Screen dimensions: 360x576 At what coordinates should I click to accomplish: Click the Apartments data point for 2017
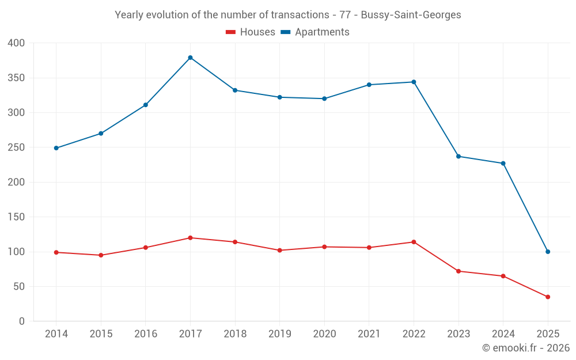tap(190, 58)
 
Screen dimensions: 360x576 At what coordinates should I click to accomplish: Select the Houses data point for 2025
tap(548, 297)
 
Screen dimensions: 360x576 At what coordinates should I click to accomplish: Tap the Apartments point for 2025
tap(548, 252)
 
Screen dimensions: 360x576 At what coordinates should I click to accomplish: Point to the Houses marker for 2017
tap(190, 238)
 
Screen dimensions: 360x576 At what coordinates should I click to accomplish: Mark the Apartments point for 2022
tap(414, 82)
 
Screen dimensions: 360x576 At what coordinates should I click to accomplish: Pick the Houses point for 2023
tap(458, 271)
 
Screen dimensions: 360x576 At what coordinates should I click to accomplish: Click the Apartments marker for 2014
tap(56, 148)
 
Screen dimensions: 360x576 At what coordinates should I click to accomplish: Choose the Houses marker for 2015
tap(101, 255)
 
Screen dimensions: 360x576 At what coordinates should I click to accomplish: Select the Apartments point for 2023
tap(458, 156)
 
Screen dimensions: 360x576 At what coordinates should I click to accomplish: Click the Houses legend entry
tap(251, 32)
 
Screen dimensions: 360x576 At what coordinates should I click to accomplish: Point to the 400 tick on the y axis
tap(17, 43)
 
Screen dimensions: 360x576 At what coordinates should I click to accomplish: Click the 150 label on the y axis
tap(17, 217)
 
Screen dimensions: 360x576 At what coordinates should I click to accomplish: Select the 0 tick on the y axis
tap(22, 321)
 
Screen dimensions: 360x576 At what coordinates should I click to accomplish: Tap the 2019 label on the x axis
tap(280, 334)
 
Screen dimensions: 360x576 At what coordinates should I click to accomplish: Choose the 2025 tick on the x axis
tap(548, 334)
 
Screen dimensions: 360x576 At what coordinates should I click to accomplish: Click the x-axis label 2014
tap(56, 334)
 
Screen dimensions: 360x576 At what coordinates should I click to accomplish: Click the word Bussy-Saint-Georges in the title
tap(411, 15)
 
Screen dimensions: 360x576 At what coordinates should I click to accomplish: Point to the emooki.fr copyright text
tap(526, 348)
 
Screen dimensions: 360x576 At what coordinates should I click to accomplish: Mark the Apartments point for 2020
tap(324, 98)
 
